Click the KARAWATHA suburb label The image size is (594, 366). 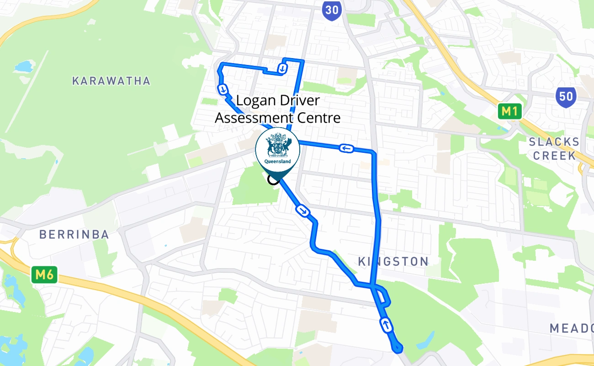point(111,81)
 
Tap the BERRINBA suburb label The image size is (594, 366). point(74,235)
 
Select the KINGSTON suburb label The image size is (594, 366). point(393,262)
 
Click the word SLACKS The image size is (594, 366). point(554,142)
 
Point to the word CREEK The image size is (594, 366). point(554,156)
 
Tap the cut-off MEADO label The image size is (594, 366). point(571,328)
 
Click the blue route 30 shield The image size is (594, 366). point(331,10)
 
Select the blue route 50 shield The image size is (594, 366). point(566,97)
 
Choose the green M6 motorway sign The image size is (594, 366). point(45,275)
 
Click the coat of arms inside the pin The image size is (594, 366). point(278,145)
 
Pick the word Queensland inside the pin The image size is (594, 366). point(278,161)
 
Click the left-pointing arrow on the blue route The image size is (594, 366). point(347,148)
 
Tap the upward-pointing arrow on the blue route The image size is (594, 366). point(386,325)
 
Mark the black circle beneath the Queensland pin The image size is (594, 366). point(273,179)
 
